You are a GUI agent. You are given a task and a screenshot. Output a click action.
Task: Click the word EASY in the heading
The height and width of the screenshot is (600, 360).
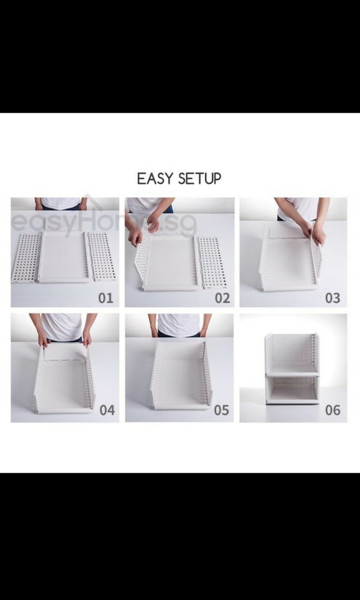[x=156, y=179]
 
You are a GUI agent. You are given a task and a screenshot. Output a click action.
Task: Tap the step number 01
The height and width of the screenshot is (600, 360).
[x=106, y=298]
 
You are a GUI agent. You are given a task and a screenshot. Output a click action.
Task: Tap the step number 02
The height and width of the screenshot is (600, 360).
[x=222, y=298]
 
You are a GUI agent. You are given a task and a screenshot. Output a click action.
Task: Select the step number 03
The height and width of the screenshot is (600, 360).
[x=332, y=298]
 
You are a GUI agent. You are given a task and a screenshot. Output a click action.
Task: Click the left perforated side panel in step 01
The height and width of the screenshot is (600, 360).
[x=26, y=257]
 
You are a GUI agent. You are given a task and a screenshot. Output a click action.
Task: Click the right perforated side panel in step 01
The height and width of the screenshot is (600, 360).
[x=102, y=256]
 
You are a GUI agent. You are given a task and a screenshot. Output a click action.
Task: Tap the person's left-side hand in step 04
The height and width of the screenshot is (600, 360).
[x=42, y=338]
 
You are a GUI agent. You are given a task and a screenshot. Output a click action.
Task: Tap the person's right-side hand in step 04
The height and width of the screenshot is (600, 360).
[x=87, y=337]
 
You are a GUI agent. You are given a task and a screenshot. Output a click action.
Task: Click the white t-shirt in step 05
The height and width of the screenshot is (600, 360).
[x=178, y=324]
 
